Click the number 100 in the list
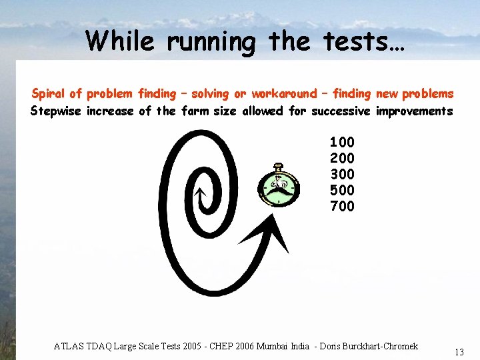tap(342, 142)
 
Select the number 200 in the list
tap(342, 158)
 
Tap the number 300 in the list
tap(342, 174)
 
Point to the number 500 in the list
tap(342, 190)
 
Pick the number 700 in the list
tap(342, 206)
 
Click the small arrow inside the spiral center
tap(198, 194)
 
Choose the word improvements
tap(414, 111)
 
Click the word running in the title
tap(211, 41)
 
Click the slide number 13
tap(459, 351)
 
